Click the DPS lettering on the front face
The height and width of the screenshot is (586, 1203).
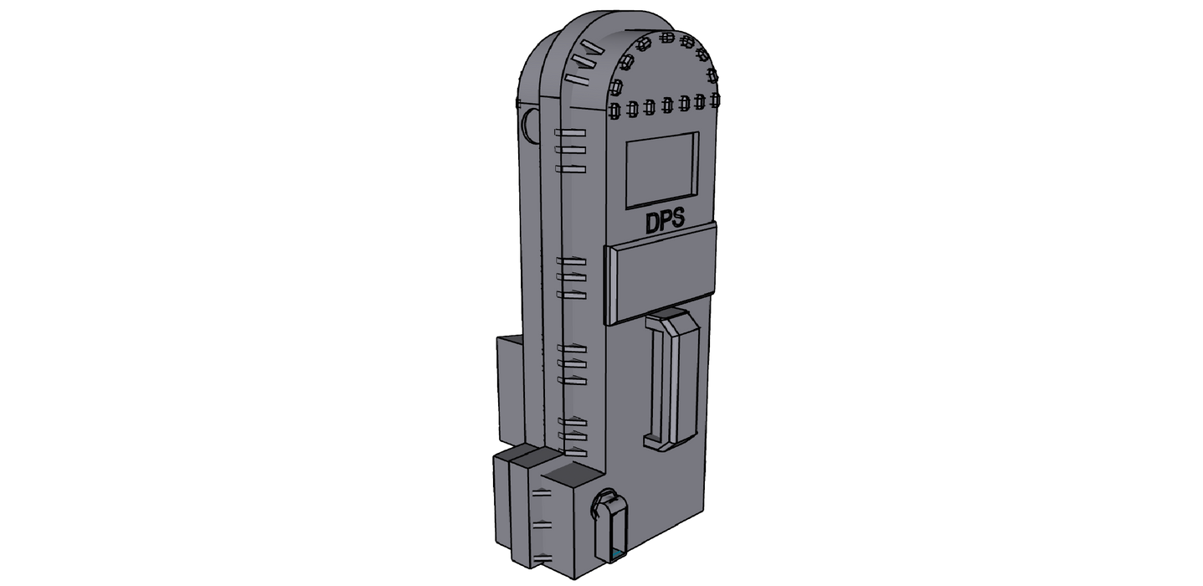(x=665, y=221)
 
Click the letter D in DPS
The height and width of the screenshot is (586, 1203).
(x=652, y=224)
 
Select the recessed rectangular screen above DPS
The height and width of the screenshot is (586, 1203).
(x=663, y=170)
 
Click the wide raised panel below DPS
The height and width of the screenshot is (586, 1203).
(x=661, y=275)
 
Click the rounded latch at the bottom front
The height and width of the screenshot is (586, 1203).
(x=610, y=525)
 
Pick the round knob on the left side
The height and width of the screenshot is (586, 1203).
(x=529, y=125)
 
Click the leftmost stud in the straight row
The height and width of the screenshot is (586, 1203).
(x=614, y=111)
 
